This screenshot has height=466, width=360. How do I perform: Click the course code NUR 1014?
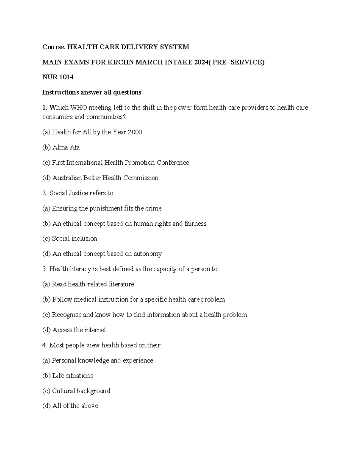[x=58, y=77]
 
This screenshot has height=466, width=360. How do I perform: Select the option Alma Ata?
[x=66, y=147]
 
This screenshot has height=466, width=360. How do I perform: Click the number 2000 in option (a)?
[x=135, y=132]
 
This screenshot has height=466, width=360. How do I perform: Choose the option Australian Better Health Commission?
[x=105, y=178]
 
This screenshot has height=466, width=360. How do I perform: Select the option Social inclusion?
[x=74, y=239]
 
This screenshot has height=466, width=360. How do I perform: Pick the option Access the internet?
[x=79, y=330]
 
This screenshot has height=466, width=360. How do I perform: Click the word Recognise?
[x=67, y=315]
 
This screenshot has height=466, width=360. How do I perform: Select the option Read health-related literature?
[x=93, y=284]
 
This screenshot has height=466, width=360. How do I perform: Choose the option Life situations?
[x=72, y=376]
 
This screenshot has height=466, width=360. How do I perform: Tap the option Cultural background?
[x=81, y=391]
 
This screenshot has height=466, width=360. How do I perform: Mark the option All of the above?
[x=75, y=406]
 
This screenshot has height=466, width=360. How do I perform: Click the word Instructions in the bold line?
[x=60, y=92]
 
